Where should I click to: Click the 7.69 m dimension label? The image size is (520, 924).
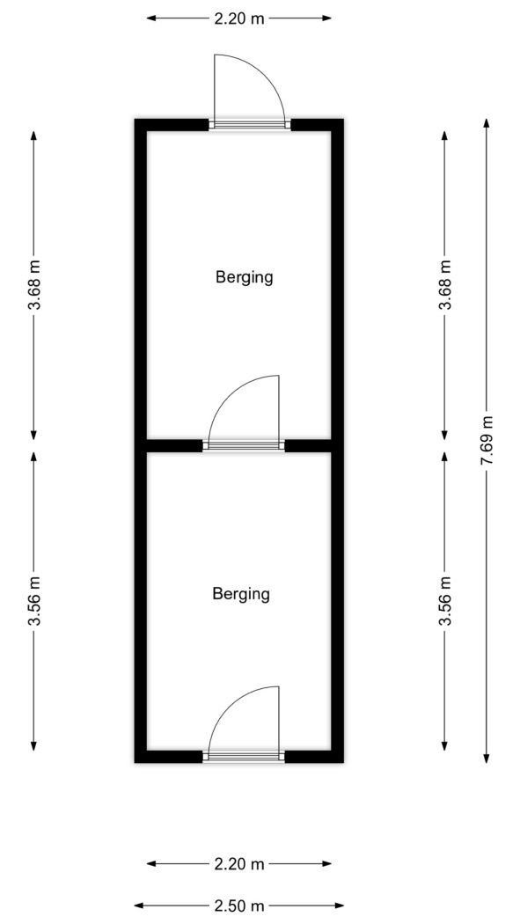coord(487,440)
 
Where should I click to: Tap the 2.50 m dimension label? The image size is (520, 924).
coord(239,906)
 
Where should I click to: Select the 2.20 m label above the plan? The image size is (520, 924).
coord(239,18)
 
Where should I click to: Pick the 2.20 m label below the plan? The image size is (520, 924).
coord(239,864)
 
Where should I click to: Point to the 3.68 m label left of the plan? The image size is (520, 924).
coord(34,284)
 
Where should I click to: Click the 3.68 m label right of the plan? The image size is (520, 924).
coord(446,284)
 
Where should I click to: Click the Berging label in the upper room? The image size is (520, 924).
coord(245,277)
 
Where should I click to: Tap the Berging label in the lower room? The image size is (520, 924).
coord(241,594)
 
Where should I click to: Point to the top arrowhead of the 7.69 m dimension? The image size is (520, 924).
coord(487,122)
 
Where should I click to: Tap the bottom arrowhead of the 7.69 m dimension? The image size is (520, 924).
coord(487,759)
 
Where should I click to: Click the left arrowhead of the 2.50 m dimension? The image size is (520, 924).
coord(139,906)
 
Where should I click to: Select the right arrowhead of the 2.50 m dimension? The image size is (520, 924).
coord(339,906)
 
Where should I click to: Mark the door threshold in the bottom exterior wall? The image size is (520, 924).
coord(244,757)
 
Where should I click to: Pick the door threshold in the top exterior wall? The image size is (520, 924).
coord(250,124)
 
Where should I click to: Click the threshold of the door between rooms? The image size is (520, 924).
coord(244,445)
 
